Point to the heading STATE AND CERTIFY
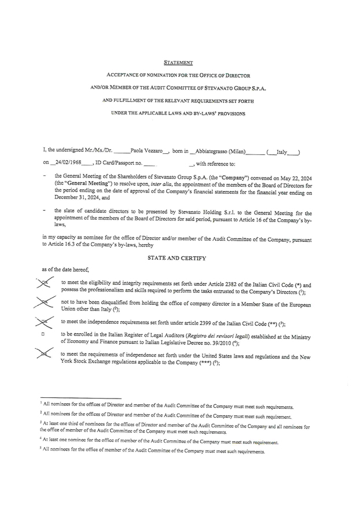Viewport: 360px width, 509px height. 177,257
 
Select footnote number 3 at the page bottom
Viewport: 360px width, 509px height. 42,423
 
